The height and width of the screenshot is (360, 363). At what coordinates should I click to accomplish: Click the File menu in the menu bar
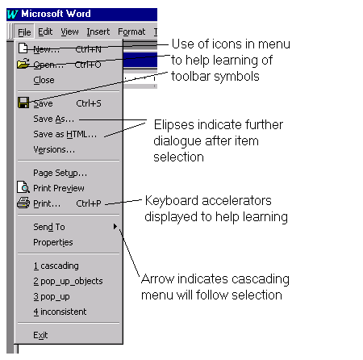click(x=24, y=32)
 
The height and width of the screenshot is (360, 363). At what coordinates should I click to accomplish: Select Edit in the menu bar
click(x=45, y=31)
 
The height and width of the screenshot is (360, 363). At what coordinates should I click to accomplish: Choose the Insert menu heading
click(x=98, y=31)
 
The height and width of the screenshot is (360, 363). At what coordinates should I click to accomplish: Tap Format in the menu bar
click(x=131, y=31)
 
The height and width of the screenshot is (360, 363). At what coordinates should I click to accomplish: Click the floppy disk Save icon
click(x=23, y=103)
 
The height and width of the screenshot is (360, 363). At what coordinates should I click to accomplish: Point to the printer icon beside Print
click(x=23, y=203)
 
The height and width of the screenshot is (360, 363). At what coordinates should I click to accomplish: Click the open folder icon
click(x=23, y=64)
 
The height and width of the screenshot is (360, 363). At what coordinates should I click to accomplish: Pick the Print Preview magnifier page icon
click(x=23, y=187)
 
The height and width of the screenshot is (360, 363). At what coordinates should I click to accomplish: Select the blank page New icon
click(x=23, y=48)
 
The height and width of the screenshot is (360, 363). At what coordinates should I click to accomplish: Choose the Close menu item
click(x=44, y=80)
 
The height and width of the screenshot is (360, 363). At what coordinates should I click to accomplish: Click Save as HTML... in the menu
click(x=65, y=134)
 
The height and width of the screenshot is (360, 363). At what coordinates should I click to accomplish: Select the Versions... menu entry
click(x=54, y=149)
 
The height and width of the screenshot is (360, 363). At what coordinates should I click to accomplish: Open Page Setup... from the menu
click(x=60, y=173)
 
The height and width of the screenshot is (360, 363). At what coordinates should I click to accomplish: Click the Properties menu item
click(x=53, y=242)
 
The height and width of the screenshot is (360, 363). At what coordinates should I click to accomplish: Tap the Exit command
click(x=40, y=335)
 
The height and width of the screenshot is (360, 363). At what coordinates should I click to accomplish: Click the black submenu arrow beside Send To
click(x=115, y=227)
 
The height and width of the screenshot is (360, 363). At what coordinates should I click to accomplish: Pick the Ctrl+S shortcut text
click(x=89, y=103)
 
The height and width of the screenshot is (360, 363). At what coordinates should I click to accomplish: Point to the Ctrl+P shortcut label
click(x=89, y=203)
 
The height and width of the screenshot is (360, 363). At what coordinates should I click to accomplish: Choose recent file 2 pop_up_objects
click(x=68, y=281)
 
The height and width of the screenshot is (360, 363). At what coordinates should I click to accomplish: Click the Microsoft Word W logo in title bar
click(x=13, y=14)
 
